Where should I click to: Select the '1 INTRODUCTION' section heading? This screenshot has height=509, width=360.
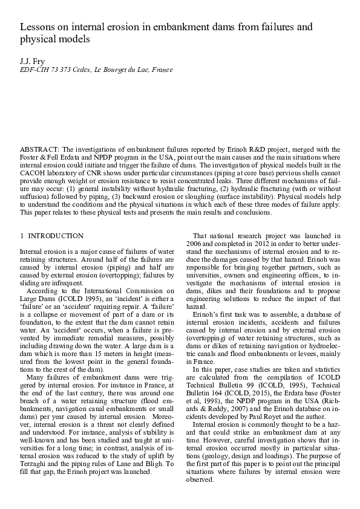51,235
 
